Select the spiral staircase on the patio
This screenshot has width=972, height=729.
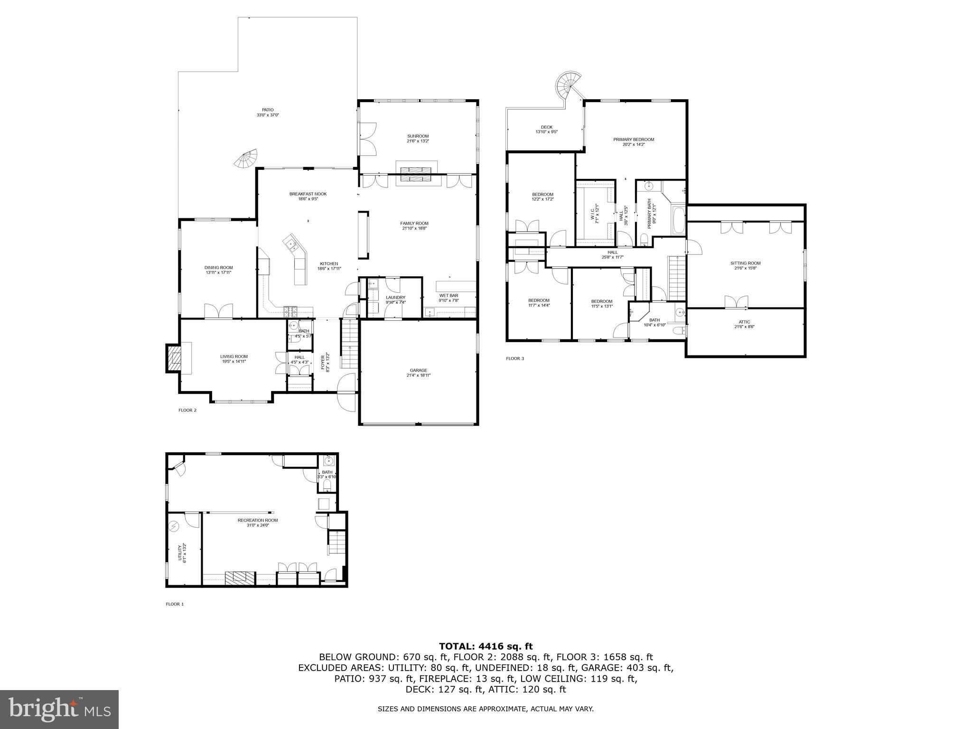[246, 159]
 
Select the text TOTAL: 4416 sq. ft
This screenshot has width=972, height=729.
[486, 646]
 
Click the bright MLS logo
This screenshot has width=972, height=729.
[59, 709]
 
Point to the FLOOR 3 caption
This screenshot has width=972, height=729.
[514, 358]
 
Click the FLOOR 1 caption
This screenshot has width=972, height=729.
[174, 604]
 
